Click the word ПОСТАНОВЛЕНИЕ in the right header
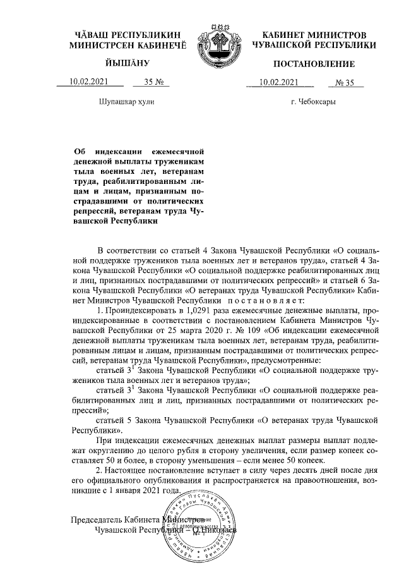click(314, 64)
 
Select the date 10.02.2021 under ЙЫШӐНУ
click(88, 82)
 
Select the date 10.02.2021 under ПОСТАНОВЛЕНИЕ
click(279, 82)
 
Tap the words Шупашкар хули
click(126, 102)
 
